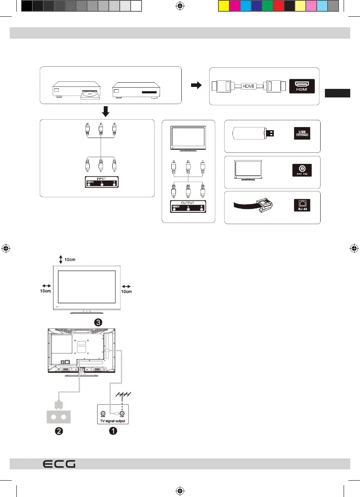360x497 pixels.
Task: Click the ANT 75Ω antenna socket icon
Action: tap(302, 170)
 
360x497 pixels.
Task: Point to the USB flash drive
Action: tap(253, 133)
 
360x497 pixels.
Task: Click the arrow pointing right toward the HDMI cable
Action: tap(197, 85)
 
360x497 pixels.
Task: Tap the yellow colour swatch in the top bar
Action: tap(223, 6)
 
